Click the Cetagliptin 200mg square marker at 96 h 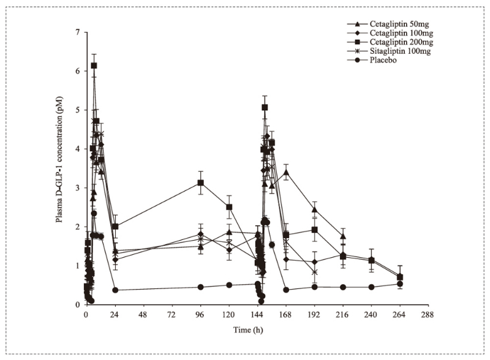(x=200, y=183)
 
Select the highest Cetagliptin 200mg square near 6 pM (x=94, y=66)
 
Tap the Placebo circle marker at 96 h (x=200, y=287)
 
